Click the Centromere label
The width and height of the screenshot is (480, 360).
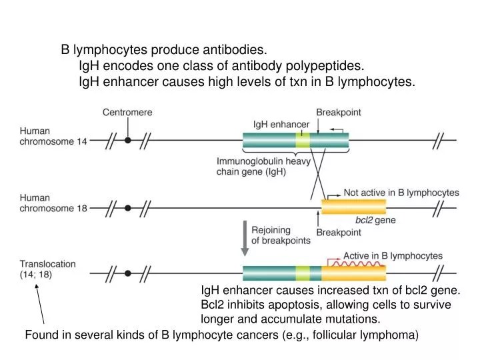[x=127, y=113]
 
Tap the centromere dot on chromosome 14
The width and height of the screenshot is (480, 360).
[x=127, y=141]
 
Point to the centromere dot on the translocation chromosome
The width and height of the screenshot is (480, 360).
[x=127, y=273]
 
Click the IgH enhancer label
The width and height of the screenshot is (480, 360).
[x=281, y=124]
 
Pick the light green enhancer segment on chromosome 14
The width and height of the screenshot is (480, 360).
[x=303, y=141]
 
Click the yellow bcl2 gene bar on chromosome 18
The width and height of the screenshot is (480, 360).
[x=353, y=207]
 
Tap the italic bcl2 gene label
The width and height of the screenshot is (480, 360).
[x=363, y=219]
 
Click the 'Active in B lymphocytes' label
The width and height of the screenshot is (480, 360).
[x=393, y=255]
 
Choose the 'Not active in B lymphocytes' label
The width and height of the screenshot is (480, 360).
[x=401, y=193]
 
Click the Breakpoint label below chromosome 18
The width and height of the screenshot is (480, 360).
[x=338, y=232]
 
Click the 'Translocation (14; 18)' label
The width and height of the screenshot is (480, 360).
[x=47, y=269]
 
